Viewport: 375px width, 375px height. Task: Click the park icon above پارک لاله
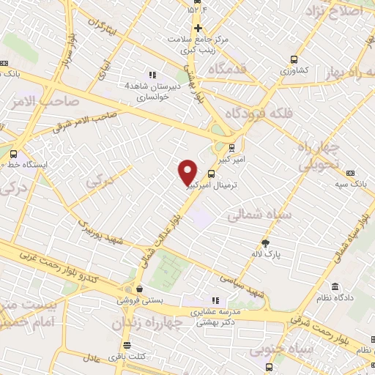[x=265, y=242]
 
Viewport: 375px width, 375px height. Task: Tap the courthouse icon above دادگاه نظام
[x=334, y=286]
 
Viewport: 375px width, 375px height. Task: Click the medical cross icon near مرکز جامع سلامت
[x=197, y=28]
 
